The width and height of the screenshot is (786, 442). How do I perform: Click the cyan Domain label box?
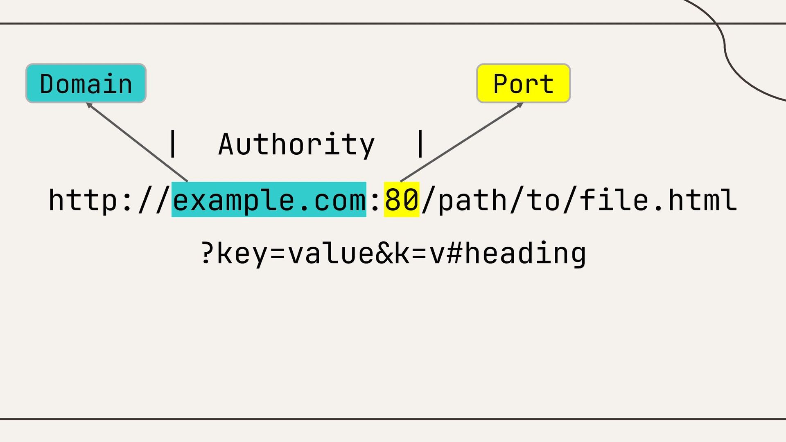pyautogui.click(x=86, y=83)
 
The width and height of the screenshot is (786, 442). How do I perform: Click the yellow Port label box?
pyautogui.click(x=523, y=83)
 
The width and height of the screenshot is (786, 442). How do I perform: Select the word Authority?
pyautogui.click(x=296, y=144)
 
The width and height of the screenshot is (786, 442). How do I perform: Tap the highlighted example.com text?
pyautogui.click(x=269, y=200)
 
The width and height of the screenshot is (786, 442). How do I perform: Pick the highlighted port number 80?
pyautogui.click(x=401, y=200)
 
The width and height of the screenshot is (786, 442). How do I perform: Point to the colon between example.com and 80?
pyautogui.click(x=375, y=201)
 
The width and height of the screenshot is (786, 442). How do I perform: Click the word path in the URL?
pyautogui.click(x=472, y=200)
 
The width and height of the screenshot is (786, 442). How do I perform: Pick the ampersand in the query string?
pyautogui.click(x=384, y=253)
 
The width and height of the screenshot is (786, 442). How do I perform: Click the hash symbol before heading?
pyautogui.click(x=454, y=253)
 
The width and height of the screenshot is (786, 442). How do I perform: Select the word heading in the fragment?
pyautogui.click(x=525, y=253)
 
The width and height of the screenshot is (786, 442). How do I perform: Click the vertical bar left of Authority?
pyautogui.click(x=173, y=143)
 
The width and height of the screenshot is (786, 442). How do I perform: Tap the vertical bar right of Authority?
pyautogui.click(x=420, y=143)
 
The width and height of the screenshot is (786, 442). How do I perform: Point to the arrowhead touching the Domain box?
pyautogui.click(x=88, y=105)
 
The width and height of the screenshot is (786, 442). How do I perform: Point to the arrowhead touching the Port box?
pyautogui.click(x=520, y=105)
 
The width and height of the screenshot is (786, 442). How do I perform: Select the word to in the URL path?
pyautogui.click(x=543, y=200)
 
